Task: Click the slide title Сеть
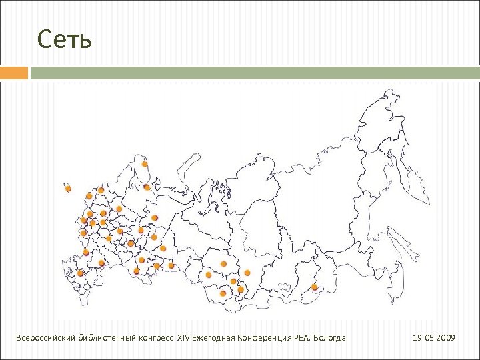64,40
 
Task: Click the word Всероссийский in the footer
45,339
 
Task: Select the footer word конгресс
157,339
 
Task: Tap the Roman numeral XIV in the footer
183,339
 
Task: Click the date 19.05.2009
434,339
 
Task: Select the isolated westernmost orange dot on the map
68,189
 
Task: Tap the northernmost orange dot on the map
145,163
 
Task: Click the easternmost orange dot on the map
314,287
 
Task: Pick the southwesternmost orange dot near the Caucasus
81,273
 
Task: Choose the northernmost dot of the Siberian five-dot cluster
223,264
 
